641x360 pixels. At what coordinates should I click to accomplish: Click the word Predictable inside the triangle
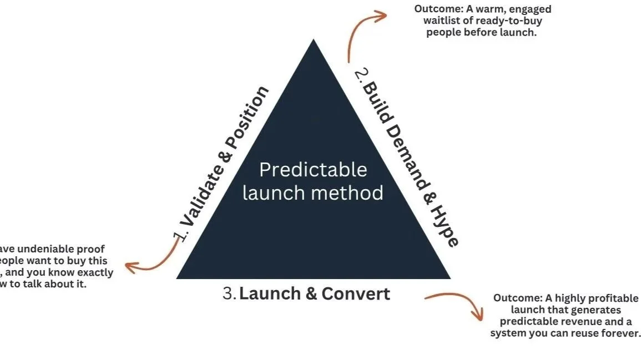coord(313,170)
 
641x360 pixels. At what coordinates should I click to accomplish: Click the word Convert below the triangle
coord(355,293)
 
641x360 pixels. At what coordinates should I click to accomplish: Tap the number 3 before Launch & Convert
coord(229,293)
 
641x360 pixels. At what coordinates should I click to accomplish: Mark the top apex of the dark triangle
coord(314,40)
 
